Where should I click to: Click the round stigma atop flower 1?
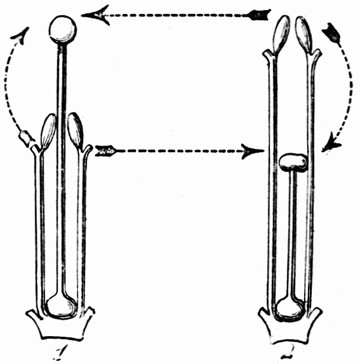pyautogui.click(x=63, y=29)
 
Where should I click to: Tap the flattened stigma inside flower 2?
pyautogui.click(x=293, y=162)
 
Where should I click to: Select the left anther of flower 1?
pyautogui.click(x=48, y=132)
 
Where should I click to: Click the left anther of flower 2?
pyautogui.click(x=282, y=34)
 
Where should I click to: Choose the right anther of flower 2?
pyautogui.click(x=303, y=34)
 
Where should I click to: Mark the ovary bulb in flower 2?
pyautogui.click(x=290, y=309)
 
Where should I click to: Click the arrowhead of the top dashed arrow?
pyautogui.click(x=95, y=15)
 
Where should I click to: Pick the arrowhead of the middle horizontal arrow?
pyautogui.click(x=253, y=152)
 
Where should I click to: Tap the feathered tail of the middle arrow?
pyautogui.click(x=105, y=151)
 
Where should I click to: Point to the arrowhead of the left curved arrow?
pyautogui.click(x=20, y=36)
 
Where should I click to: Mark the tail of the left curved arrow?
pyautogui.click(x=26, y=139)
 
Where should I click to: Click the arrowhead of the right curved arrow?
pyautogui.click(x=331, y=143)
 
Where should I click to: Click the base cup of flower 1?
pyautogui.click(x=60, y=325)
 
